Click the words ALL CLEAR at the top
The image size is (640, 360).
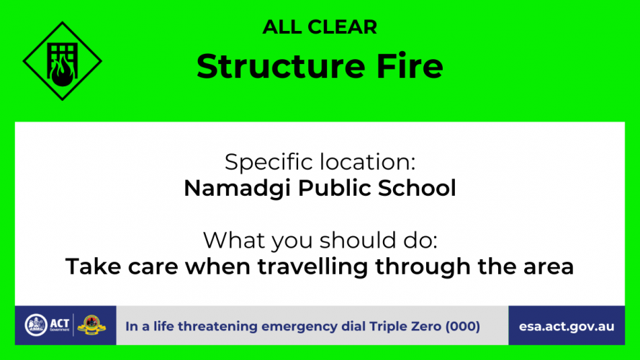320,27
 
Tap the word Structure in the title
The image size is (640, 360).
281,66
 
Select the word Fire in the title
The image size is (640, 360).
410,66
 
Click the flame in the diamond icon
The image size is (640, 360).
63,71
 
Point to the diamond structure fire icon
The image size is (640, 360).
63,60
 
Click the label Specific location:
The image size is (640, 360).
320,163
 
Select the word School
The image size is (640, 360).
417,188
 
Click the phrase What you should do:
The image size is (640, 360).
320,240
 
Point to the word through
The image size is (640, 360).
423,267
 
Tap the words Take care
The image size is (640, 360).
122,266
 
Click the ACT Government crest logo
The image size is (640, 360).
36,325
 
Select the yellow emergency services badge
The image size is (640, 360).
91,325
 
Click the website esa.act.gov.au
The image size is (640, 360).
567,327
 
